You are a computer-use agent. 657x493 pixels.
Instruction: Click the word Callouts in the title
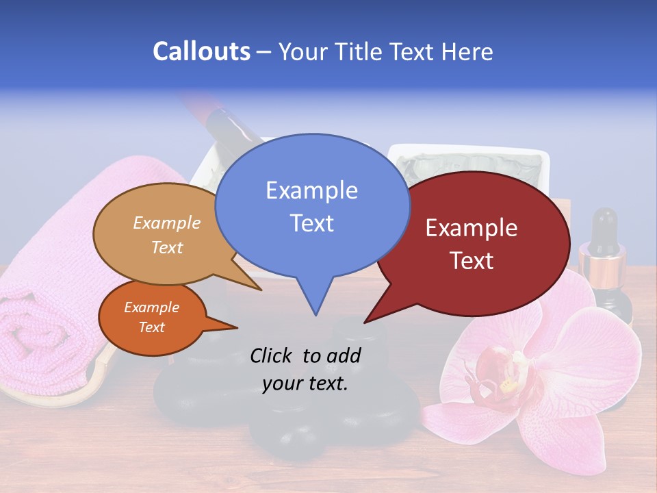[201, 51]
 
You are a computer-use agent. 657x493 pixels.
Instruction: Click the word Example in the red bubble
[472, 228]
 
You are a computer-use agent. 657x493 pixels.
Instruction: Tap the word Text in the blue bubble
[312, 223]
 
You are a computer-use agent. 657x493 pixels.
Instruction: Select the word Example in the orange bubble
[151, 307]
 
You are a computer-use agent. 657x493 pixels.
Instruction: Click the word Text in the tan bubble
[167, 248]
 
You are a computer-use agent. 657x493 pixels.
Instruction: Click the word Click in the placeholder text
[272, 355]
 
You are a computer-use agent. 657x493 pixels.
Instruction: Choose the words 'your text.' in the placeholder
[305, 384]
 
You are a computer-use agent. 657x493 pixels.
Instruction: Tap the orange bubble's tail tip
[237, 327]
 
